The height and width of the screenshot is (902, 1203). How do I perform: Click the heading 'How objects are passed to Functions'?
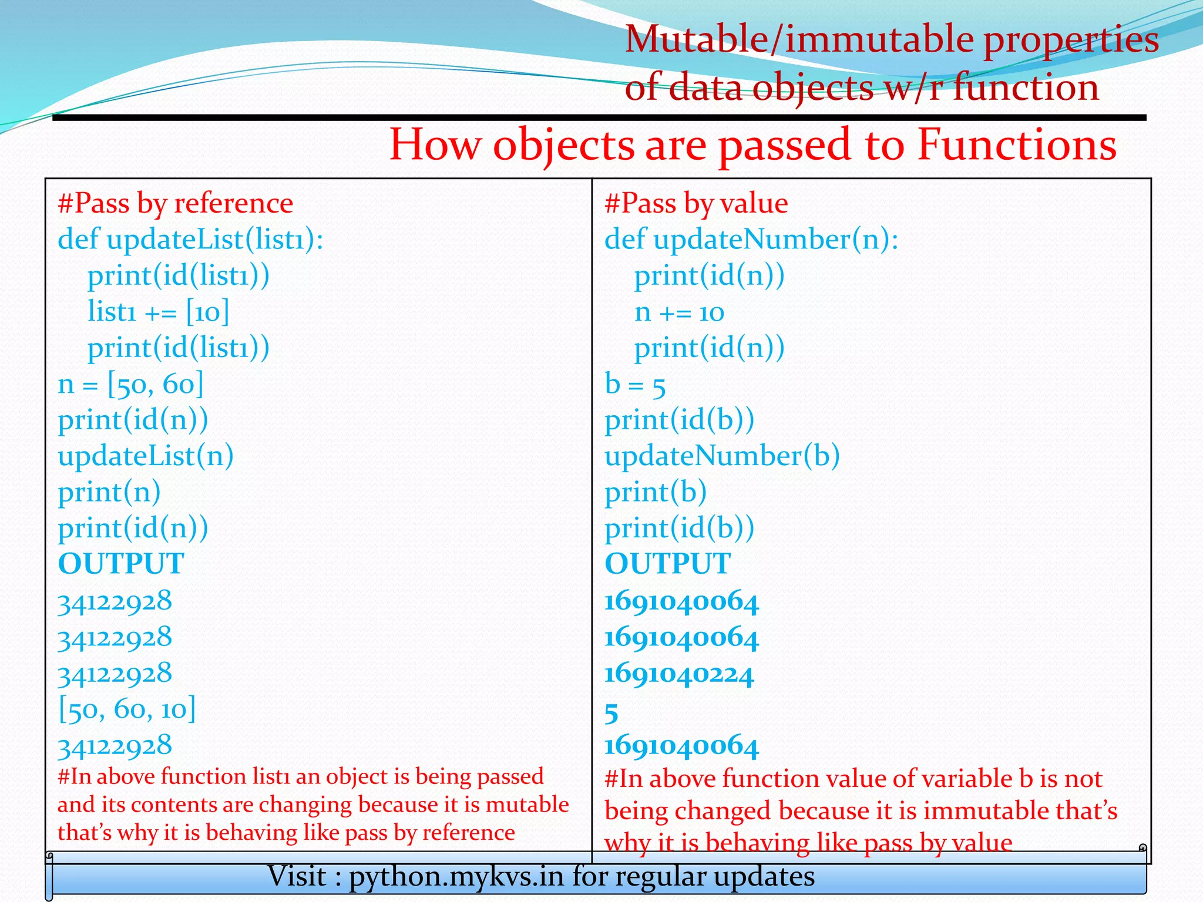tap(752, 144)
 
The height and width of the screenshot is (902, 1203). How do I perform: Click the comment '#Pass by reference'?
tap(175, 203)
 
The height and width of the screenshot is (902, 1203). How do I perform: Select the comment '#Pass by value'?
tap(696, 203)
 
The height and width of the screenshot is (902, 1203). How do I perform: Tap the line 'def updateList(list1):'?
tap(190, 240)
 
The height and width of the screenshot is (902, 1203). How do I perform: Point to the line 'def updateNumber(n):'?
tap(751, 240)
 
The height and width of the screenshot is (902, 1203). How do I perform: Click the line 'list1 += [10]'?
tap(158, 311)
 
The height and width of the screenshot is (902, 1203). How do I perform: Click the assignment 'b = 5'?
tap(635, 385)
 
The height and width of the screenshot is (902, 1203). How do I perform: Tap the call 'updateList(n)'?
tap(146, 456)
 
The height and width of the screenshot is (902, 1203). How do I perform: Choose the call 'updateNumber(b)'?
tap(722, 456)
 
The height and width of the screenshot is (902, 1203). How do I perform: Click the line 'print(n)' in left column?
tap(109, 492)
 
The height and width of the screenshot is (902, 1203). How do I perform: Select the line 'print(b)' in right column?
tap(656, 492)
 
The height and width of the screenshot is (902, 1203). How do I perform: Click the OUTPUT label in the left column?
tap(121, 564)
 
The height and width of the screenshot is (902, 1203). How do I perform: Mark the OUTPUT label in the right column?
tap(668, 564)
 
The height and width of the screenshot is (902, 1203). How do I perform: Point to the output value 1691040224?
tap(679, 674)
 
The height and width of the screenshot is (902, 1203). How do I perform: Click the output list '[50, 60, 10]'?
tap(127, 709)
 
